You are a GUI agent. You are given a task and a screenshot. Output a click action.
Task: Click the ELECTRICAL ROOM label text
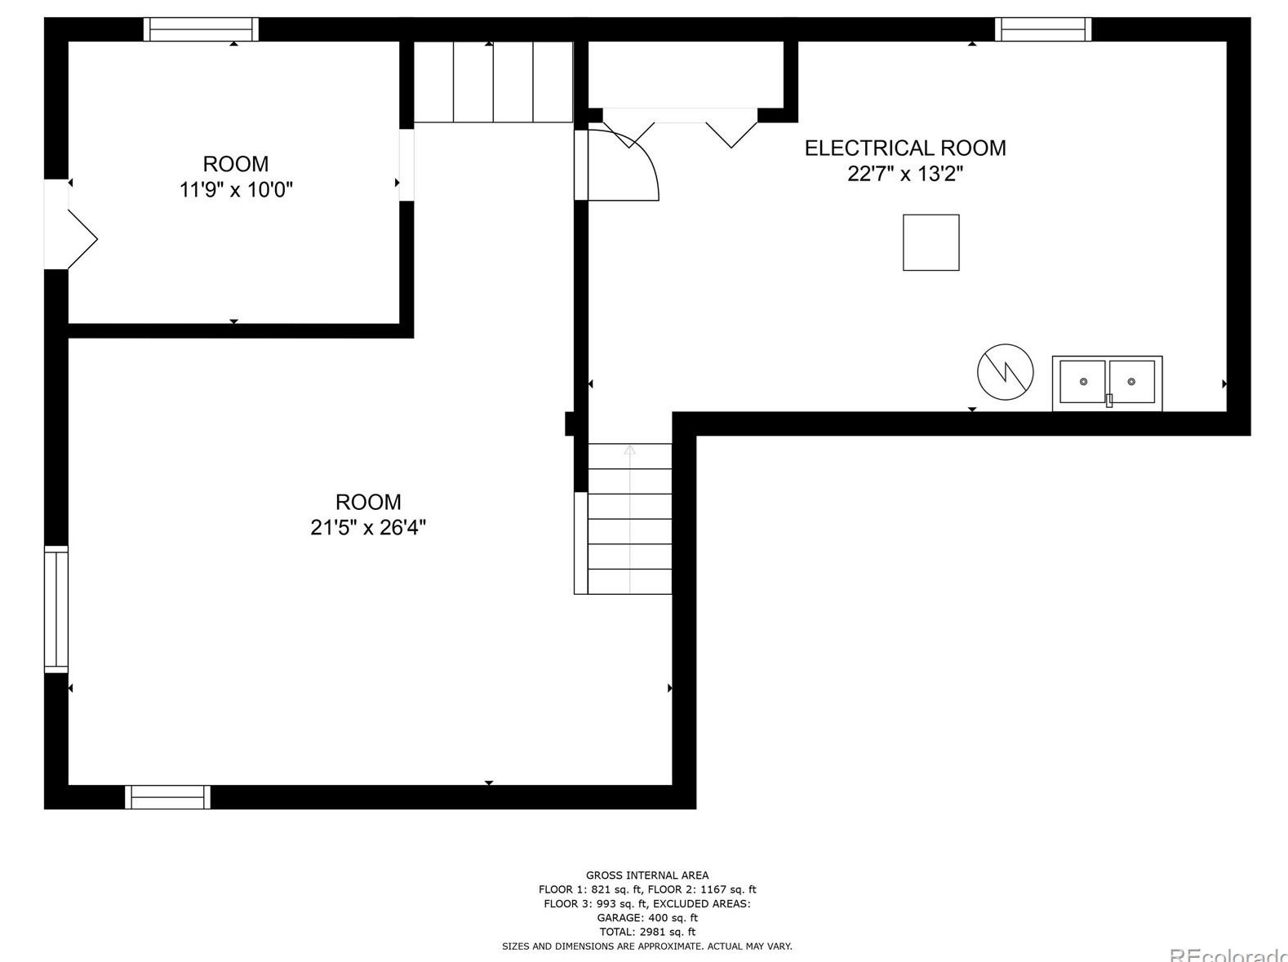click(x=905, y=148)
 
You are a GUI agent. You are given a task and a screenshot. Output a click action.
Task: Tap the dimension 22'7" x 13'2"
click(x=905, y=174)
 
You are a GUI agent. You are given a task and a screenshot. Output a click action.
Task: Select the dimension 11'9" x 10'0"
click(x=236, y=189)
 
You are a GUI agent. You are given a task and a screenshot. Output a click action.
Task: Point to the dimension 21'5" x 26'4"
click(x=368, y=527)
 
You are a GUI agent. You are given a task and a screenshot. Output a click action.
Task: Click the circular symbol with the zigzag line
click(x=1005, y=372)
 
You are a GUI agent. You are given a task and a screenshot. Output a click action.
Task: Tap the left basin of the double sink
click(x=1082, y=382)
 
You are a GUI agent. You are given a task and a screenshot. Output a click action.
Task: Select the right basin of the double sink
click(x=1132, y=382)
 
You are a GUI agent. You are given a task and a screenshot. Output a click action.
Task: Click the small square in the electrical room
click(x=931, y=242)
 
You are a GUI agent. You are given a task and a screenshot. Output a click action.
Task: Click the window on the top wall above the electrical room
click(x=1042, y=29)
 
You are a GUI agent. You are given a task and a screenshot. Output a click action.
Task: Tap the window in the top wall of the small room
click(x=202, y=29)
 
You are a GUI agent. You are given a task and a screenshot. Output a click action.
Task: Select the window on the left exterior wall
click(x=56, y=610)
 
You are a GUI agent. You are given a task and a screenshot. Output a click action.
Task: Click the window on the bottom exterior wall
click(x=168, y=797)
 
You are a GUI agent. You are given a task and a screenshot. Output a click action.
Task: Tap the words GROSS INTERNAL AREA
click(x=646, y=876)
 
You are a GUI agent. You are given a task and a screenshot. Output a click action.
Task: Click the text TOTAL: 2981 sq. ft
click(x=646, y=932)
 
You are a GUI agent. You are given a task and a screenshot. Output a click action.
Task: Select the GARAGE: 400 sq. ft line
click(x=646, y=917)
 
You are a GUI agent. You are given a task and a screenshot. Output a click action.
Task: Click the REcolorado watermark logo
click(x=1228, y=954)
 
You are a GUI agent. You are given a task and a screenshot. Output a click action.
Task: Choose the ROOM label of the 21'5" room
click(x=368, y=502)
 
